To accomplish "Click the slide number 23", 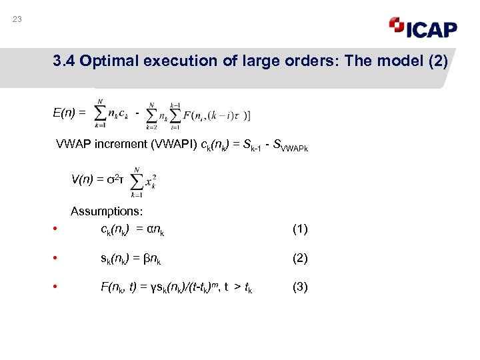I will pos(17,19).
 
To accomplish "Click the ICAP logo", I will pos(423,27).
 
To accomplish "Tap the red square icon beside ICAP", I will pos(396,25).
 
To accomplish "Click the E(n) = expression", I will pos(69,113).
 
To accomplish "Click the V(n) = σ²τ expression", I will pos(96,179).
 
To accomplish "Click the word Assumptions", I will pos(107,211).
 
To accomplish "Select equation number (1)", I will pos(300,229).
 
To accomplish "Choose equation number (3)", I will pos(300,287).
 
